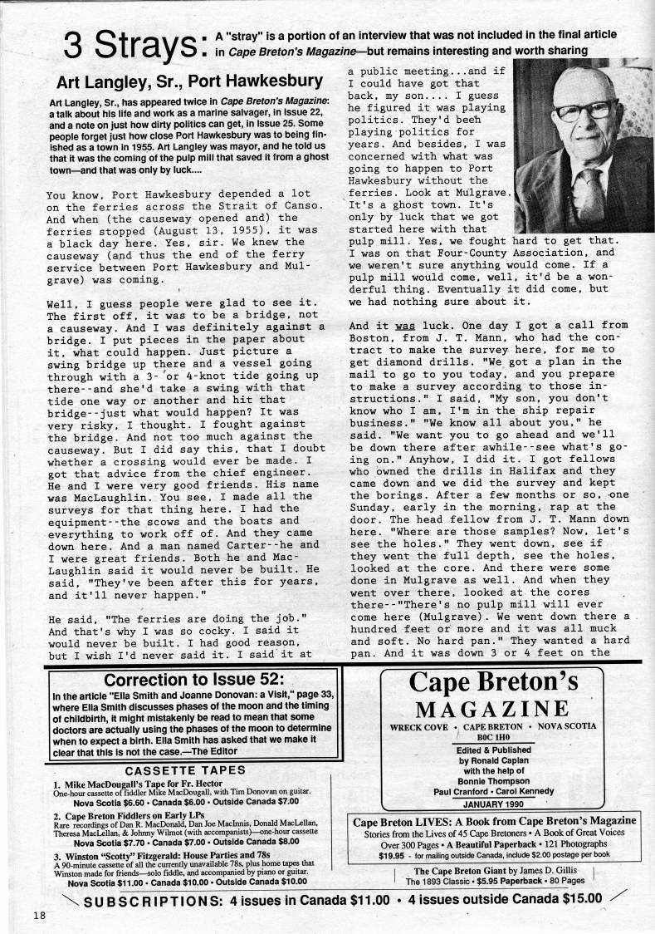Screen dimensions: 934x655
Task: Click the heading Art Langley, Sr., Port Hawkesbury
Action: pyautogui.click(x=189, y=82)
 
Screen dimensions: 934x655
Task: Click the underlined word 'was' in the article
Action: pyautogui.click(x=404, y=326)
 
